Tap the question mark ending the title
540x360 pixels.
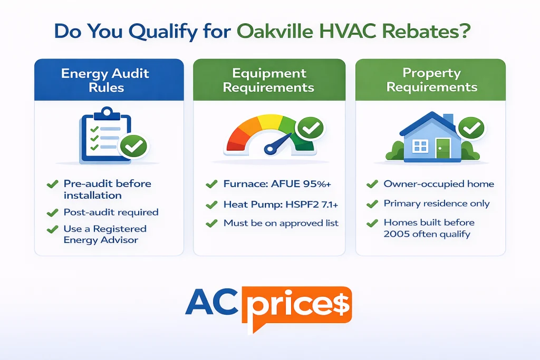point(464,32)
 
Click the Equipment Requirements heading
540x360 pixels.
point(269,80)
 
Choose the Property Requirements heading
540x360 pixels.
point(431,80)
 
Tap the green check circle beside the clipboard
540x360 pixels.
point(133,146)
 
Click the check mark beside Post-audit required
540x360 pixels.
point(52,213)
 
